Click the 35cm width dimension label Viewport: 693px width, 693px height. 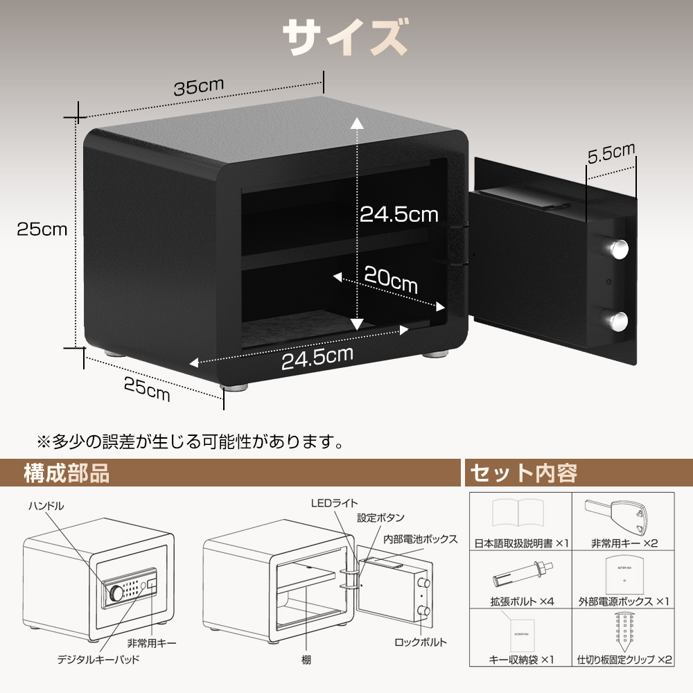(198, 86)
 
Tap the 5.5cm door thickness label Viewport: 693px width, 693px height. (611, 152)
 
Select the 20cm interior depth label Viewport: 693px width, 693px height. (391, 279)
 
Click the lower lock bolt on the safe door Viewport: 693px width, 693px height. (615, 321)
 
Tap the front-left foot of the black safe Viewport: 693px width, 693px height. (234, 387)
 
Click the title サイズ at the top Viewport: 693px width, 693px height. (345, 37)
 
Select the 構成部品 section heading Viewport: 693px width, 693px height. (67, 473)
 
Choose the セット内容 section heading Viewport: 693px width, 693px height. (524, 473)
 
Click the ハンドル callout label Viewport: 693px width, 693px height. (46, 506)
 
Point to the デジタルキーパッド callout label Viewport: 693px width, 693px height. (98, 660)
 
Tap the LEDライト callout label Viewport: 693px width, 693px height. (335, 503)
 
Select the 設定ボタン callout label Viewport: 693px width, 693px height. (380, 518)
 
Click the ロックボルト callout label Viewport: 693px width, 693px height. (421, 642)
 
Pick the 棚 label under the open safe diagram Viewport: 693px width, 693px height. (306, 660)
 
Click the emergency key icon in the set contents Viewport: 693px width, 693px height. (616, 517)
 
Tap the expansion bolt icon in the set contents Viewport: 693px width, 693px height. (523, 574)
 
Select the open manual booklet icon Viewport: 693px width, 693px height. (518, 514)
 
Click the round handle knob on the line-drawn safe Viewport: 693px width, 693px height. (116, 593)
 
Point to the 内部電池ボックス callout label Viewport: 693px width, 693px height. (421, 538)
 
